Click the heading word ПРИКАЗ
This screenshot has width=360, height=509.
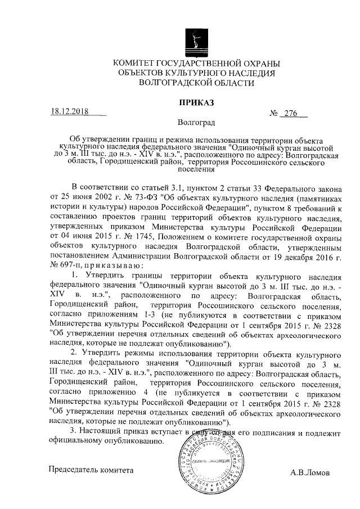pyautogui.click(x=196, y=103)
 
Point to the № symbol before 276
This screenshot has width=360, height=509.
pyautogui.click(x=275, y=112)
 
